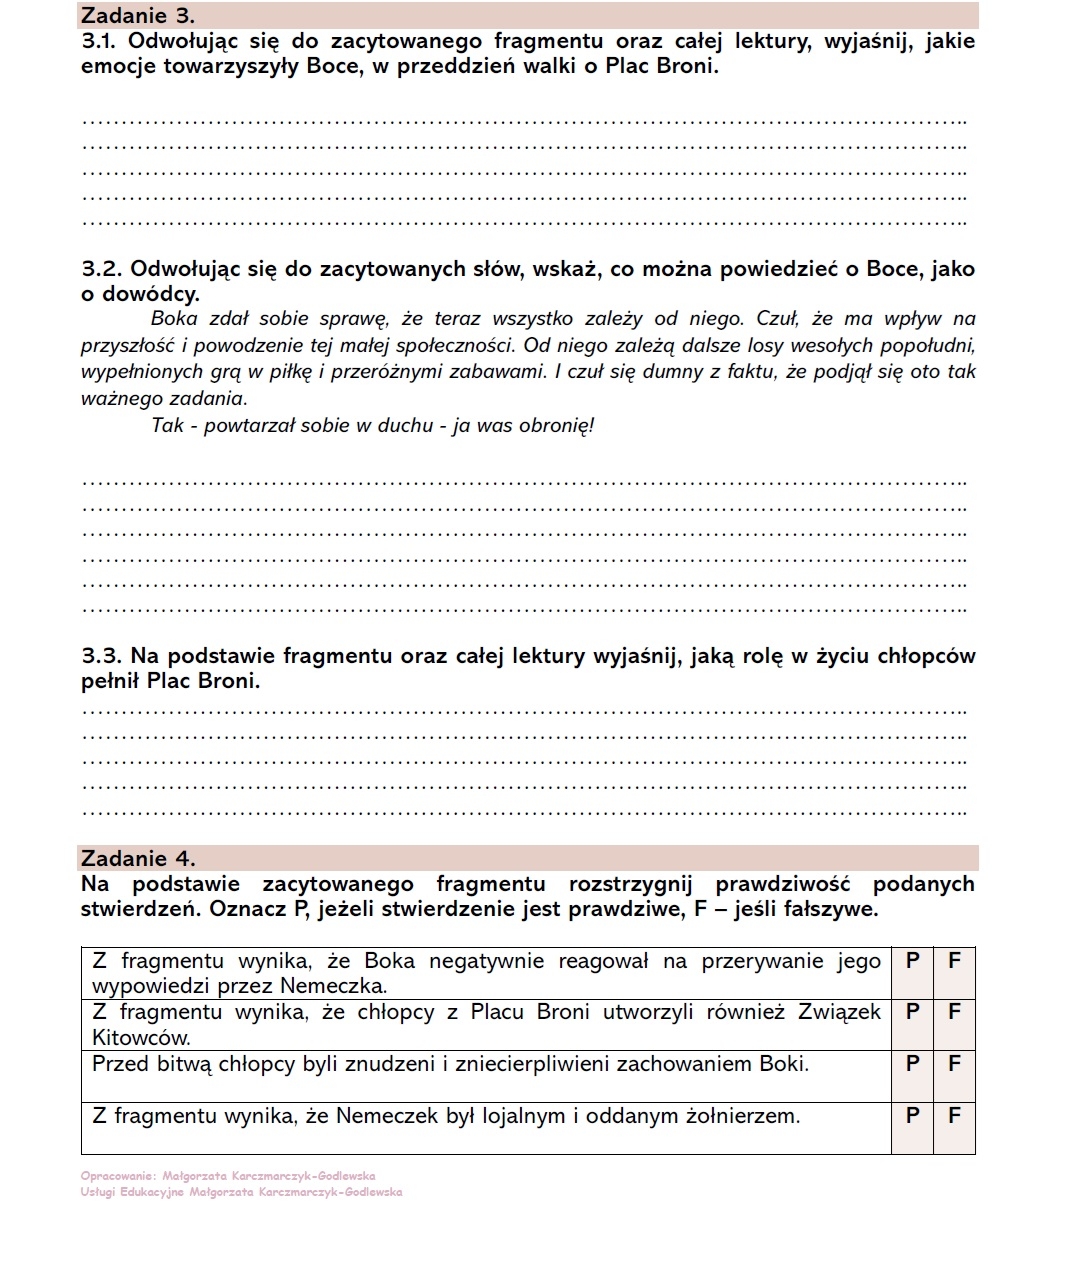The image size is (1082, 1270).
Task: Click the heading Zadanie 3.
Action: tap(138, 16)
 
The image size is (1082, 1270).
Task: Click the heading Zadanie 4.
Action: tap(138, 858)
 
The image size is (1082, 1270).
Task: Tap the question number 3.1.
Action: tap(100, 42)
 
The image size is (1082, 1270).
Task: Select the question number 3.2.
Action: tap(101, 269)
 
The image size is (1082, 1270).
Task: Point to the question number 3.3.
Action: tap(101, 656)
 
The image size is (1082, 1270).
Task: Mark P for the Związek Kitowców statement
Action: tap(912, 1012)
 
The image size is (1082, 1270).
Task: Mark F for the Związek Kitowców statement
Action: tap(954, 1012)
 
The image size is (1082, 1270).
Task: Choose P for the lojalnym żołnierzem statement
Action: tap(912, 1116)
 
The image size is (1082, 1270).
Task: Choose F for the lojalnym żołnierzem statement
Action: tap(954, 1116)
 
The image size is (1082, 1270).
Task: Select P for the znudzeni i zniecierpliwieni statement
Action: tap(912, 1064)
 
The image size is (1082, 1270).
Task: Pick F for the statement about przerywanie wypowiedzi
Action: tap(954, 961)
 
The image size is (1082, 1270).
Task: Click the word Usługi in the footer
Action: tap(98, 1192)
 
